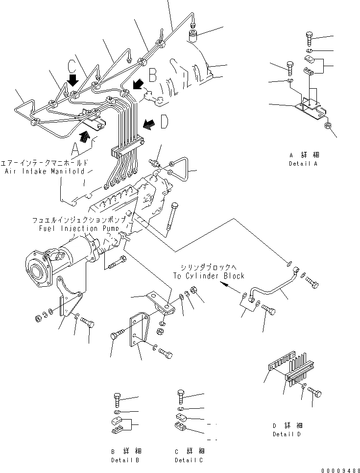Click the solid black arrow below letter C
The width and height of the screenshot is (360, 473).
(73, 80)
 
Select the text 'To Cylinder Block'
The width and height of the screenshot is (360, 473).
(208, 276)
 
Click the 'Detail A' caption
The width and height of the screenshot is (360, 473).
(303, 164)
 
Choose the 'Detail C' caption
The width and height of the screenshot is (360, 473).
(189, 460)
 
